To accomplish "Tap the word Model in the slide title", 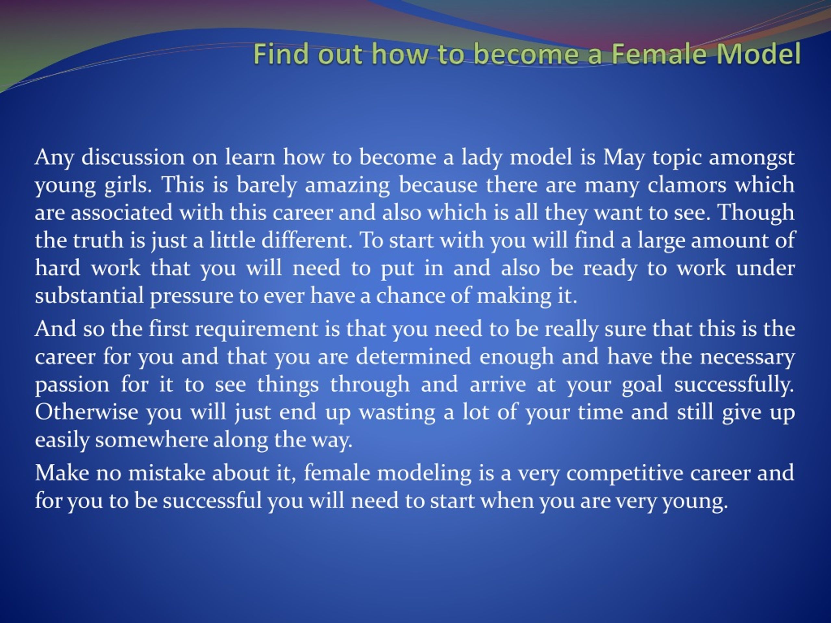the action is tap(759, 54).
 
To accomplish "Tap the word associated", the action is tap(122, 212).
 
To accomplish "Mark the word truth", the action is tap(98, 240).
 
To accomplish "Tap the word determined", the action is tap(413, 356).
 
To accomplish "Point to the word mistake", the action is tap(167, 472).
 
